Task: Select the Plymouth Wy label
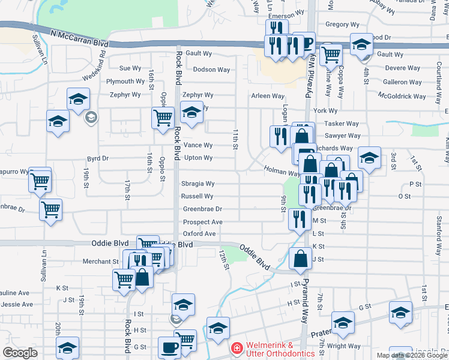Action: coord(125,81)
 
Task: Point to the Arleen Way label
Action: coord(268,95)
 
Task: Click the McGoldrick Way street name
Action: coord(402,95)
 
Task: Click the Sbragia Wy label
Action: coord(197,184)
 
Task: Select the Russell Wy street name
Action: coord(197,196)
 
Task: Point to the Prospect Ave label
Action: coord(203,221)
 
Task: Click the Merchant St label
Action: coord(101,262)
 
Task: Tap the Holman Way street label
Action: coord(282,171)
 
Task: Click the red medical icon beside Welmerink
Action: coord(237,348)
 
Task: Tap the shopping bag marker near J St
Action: coord(300,259)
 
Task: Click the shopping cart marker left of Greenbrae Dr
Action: coord(50,210)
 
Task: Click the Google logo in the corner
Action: coord(20,353)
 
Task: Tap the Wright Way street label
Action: coord(344,346)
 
